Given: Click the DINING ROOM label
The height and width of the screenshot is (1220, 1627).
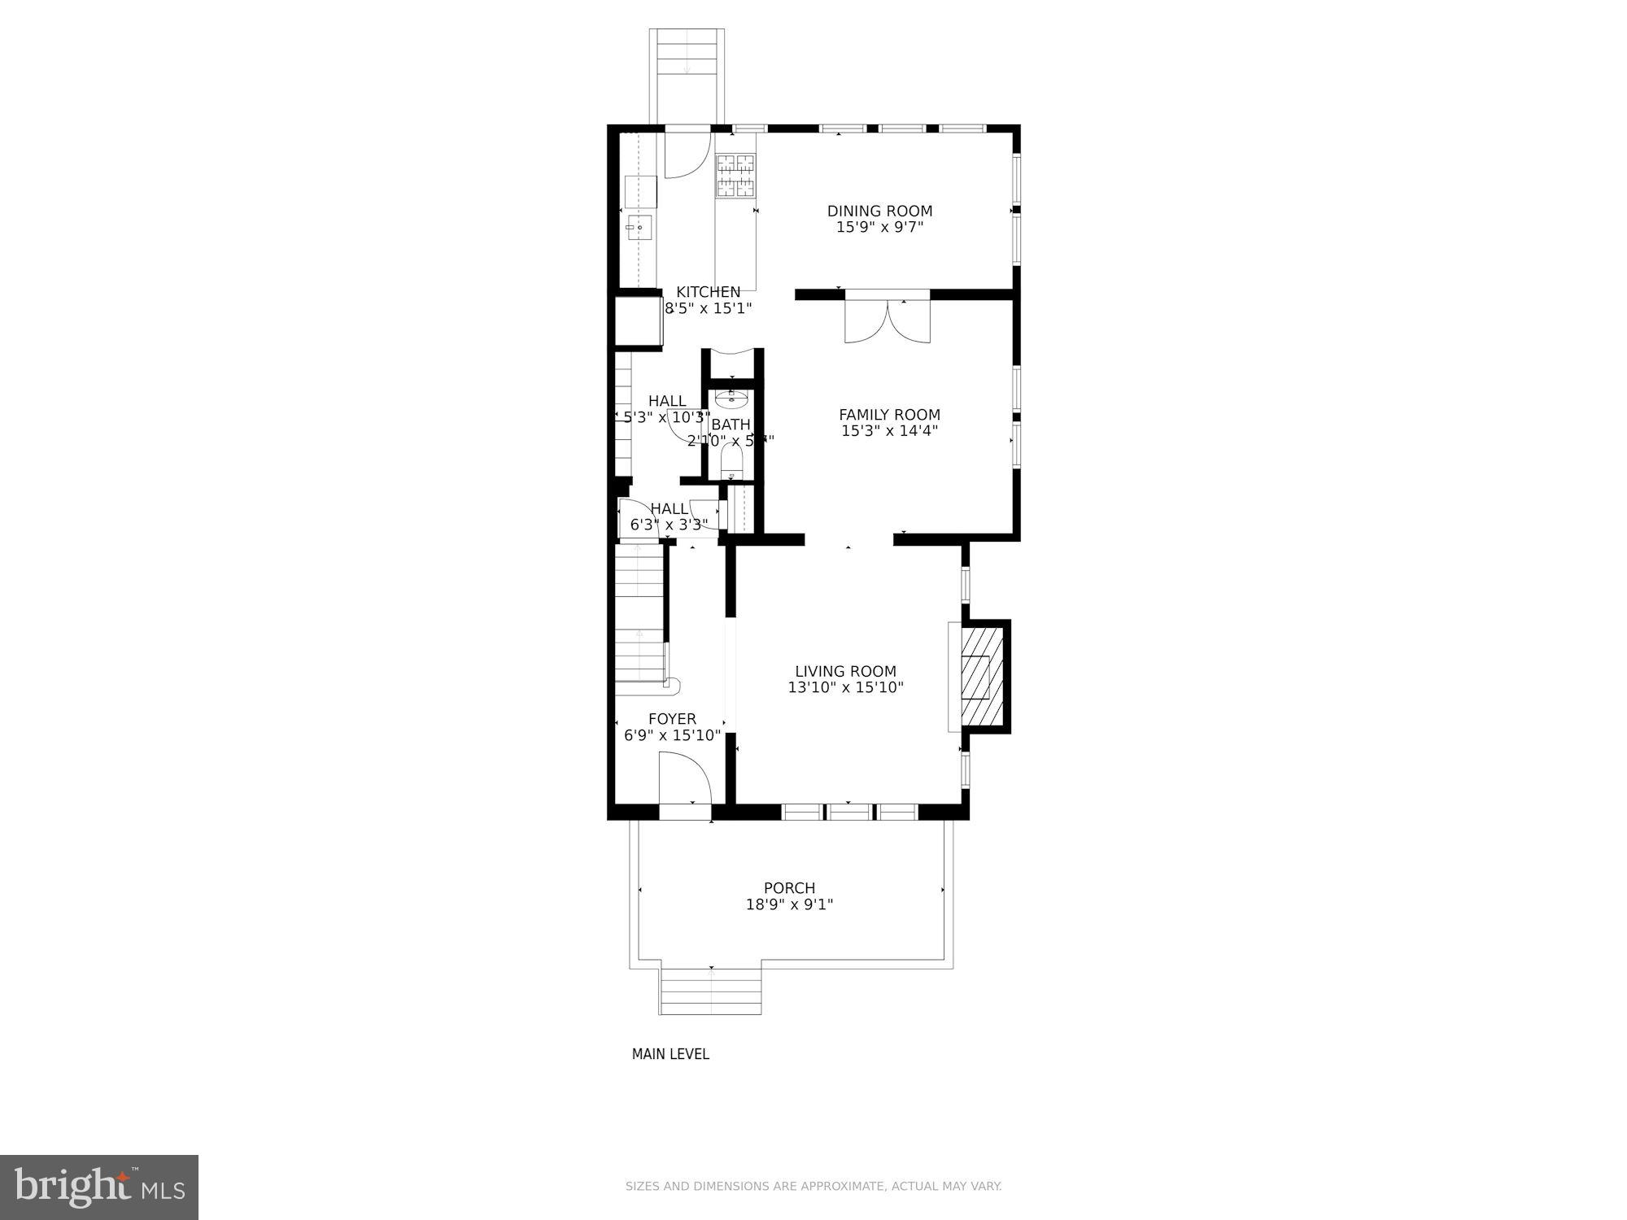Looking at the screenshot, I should click(879, 211).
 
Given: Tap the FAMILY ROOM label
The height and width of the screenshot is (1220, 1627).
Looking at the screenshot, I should click(889, 415).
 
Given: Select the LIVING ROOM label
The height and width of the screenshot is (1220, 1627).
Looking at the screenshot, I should click(845, 671).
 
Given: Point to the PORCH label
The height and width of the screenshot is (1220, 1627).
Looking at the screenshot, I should click(789, 888).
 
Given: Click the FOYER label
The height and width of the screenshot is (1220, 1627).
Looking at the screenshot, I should click(672, 719).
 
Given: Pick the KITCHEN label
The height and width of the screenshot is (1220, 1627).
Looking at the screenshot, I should click(708, 292).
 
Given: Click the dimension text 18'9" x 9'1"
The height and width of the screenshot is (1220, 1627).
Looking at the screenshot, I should click(789, 904).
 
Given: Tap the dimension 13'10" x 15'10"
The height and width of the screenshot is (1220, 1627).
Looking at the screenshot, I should click(845, 687).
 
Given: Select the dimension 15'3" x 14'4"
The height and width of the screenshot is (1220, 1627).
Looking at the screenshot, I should click(889, 431).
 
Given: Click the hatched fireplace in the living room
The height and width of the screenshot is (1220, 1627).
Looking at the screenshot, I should click(980, 675).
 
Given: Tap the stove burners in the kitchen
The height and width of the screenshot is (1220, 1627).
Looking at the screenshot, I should click(735, 176).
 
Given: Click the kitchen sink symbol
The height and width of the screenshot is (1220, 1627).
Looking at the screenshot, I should click(639, 228).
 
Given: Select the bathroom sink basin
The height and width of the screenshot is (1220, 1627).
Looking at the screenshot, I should click(731, 398).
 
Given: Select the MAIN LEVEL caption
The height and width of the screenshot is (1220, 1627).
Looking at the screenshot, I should click(670, 1054).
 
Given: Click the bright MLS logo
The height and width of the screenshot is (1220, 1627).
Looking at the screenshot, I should click(99, 1187).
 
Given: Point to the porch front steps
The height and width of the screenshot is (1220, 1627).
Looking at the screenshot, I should click(710, 992).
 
